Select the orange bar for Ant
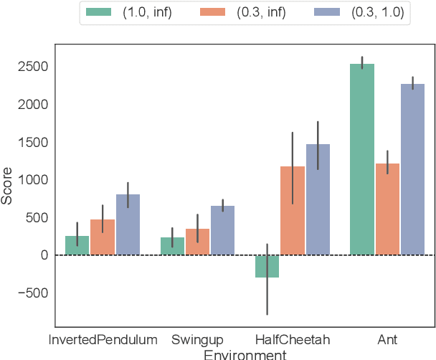click(x=388, y=209)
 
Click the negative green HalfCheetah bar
click(x=267, y=266)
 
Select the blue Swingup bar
click(x=223, y=230)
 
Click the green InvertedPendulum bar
click(x=77, y=245)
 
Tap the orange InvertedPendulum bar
click(x=103, y=237)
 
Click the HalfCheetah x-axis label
click(x=293, y=338)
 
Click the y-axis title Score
click(x=8, y=187)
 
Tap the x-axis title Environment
click(x=245, y=354)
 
